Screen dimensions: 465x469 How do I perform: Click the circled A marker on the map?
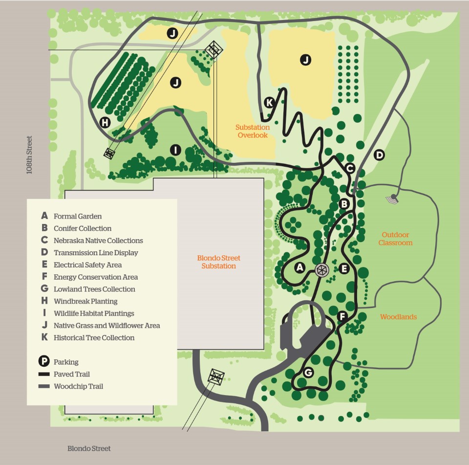[300, 267]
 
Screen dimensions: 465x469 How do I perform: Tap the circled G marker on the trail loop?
[308, 373]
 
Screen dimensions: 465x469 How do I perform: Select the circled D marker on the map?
[379, 155]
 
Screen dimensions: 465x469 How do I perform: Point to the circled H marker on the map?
[105, 123]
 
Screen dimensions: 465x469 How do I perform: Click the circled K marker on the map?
[269, 103]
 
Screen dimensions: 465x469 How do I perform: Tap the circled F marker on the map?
[343, 316]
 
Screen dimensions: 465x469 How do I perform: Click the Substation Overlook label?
[253, 131]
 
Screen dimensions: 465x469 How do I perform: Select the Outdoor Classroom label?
[395, 239]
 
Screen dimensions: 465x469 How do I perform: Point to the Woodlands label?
[398, 317]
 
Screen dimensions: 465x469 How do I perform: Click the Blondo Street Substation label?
[218, 262]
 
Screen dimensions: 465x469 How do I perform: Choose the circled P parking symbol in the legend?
[44, 362]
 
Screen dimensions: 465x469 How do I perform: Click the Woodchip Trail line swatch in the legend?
[44, 386]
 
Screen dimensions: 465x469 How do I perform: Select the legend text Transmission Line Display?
[96, 253]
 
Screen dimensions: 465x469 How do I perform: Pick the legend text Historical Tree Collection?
[94, 337]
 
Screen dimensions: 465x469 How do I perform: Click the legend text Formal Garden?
[78, 216]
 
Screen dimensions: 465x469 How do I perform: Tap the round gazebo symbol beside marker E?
[321, 269]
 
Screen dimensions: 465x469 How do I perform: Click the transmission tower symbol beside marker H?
[109, 153]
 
